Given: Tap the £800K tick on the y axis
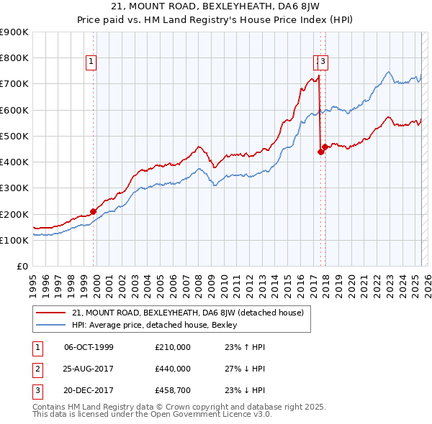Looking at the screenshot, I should (14, 57).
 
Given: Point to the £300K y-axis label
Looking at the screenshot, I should (14, 188).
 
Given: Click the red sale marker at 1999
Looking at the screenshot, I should (94, 211).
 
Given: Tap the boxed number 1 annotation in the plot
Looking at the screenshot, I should (92, 62).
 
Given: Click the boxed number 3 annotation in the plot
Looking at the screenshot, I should (323, 62).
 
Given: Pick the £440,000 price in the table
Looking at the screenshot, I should (173, 369).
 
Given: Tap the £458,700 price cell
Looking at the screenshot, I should (173, 390).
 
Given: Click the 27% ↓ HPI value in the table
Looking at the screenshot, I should (245, 369).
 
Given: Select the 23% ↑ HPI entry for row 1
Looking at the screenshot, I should (245, 347).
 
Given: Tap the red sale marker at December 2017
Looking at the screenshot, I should (325, 147).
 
